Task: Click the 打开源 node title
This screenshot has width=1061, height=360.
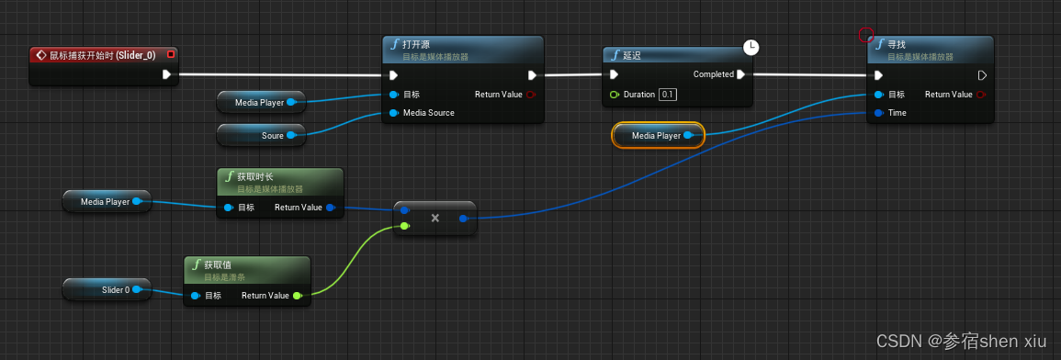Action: [x=418, y=44]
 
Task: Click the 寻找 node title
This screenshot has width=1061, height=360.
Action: [x=897, y=44]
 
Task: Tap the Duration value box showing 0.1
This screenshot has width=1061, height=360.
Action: [x=668, y=95]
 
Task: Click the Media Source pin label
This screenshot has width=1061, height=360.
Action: [x=429, y=113]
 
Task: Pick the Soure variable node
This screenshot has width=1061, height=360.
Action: [x=273, y=136]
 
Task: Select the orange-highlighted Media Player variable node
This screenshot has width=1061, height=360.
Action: [x=656, y=136]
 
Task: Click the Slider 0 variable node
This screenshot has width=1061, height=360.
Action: [x=115, y=290]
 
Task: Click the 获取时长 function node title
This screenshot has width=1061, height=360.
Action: [x=257, y=176]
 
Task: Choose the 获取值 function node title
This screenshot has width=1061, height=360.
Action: [x=220, y=264]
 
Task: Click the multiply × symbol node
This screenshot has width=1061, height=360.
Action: [x=435, y=218]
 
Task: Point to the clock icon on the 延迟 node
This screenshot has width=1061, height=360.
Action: [x=751, y=47]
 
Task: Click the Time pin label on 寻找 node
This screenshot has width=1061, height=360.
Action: [x=897, y=113]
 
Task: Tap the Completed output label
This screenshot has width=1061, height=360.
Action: [x=713, y=74]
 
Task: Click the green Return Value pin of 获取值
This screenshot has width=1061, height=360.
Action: [x=297, y=296]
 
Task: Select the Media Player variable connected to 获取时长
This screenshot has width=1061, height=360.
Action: [x=105, y=201]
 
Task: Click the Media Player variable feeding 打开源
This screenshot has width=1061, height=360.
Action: [x=259, y=102]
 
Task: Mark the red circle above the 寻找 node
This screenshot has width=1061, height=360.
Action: [x=865, y=35]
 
